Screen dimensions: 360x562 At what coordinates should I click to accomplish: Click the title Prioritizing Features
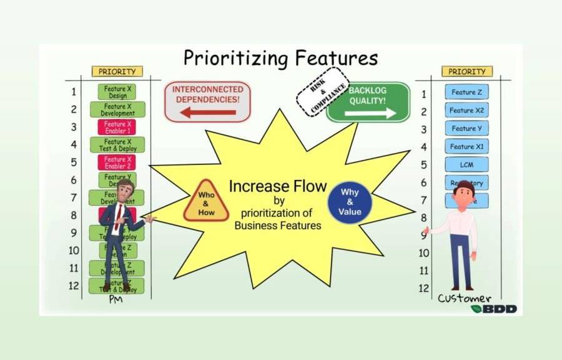point(280,58)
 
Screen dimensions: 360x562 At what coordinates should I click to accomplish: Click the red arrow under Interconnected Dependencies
point(209,112)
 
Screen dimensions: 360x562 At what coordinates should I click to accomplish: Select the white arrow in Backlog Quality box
point(370,112)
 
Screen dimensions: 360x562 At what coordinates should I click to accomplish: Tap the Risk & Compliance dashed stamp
point(322,92)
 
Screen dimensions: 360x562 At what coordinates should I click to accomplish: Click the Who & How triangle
point(206,202)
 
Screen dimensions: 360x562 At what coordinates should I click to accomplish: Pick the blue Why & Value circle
point(350,201)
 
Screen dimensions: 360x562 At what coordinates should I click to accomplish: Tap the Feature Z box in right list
point(466,92)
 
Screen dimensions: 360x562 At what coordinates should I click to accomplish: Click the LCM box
point(466,164)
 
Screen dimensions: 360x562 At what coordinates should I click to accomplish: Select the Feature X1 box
point(466,147)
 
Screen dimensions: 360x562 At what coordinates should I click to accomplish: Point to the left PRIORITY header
point(117,71)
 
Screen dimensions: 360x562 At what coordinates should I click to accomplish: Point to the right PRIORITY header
point(466,71)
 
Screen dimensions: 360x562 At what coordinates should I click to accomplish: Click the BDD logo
point(493,309)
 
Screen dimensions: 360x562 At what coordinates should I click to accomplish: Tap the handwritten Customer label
point(464,298)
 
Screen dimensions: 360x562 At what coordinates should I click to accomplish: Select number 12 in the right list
point(424,289)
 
